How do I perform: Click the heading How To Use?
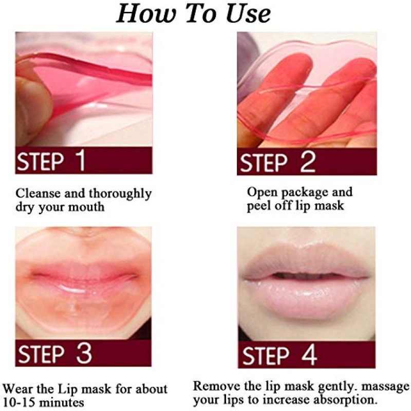pos(193,14)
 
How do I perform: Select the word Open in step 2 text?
pos(260,192)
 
